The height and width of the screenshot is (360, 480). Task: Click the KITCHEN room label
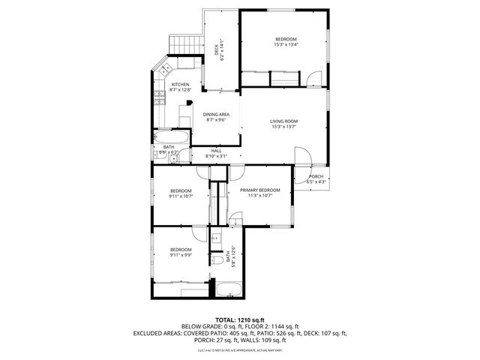tap(181, 84)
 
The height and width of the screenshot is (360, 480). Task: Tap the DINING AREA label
tap(216, 114)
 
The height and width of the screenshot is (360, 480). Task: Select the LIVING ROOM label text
tap(284, 121)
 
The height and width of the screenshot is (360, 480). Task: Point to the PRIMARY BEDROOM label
tap(260, 190)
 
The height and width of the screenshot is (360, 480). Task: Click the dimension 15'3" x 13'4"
tap(286, 44)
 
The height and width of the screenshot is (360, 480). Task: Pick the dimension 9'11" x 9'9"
tap(181, 256)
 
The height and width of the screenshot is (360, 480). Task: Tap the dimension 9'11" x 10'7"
tap(181, 196)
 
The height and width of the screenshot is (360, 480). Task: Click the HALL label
tap(216, 150)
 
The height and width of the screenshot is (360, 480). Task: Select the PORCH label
tap(316, 176)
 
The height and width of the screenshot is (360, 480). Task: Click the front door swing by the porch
tap(304, 156)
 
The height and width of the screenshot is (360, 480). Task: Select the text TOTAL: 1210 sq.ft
tap(240, 319)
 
